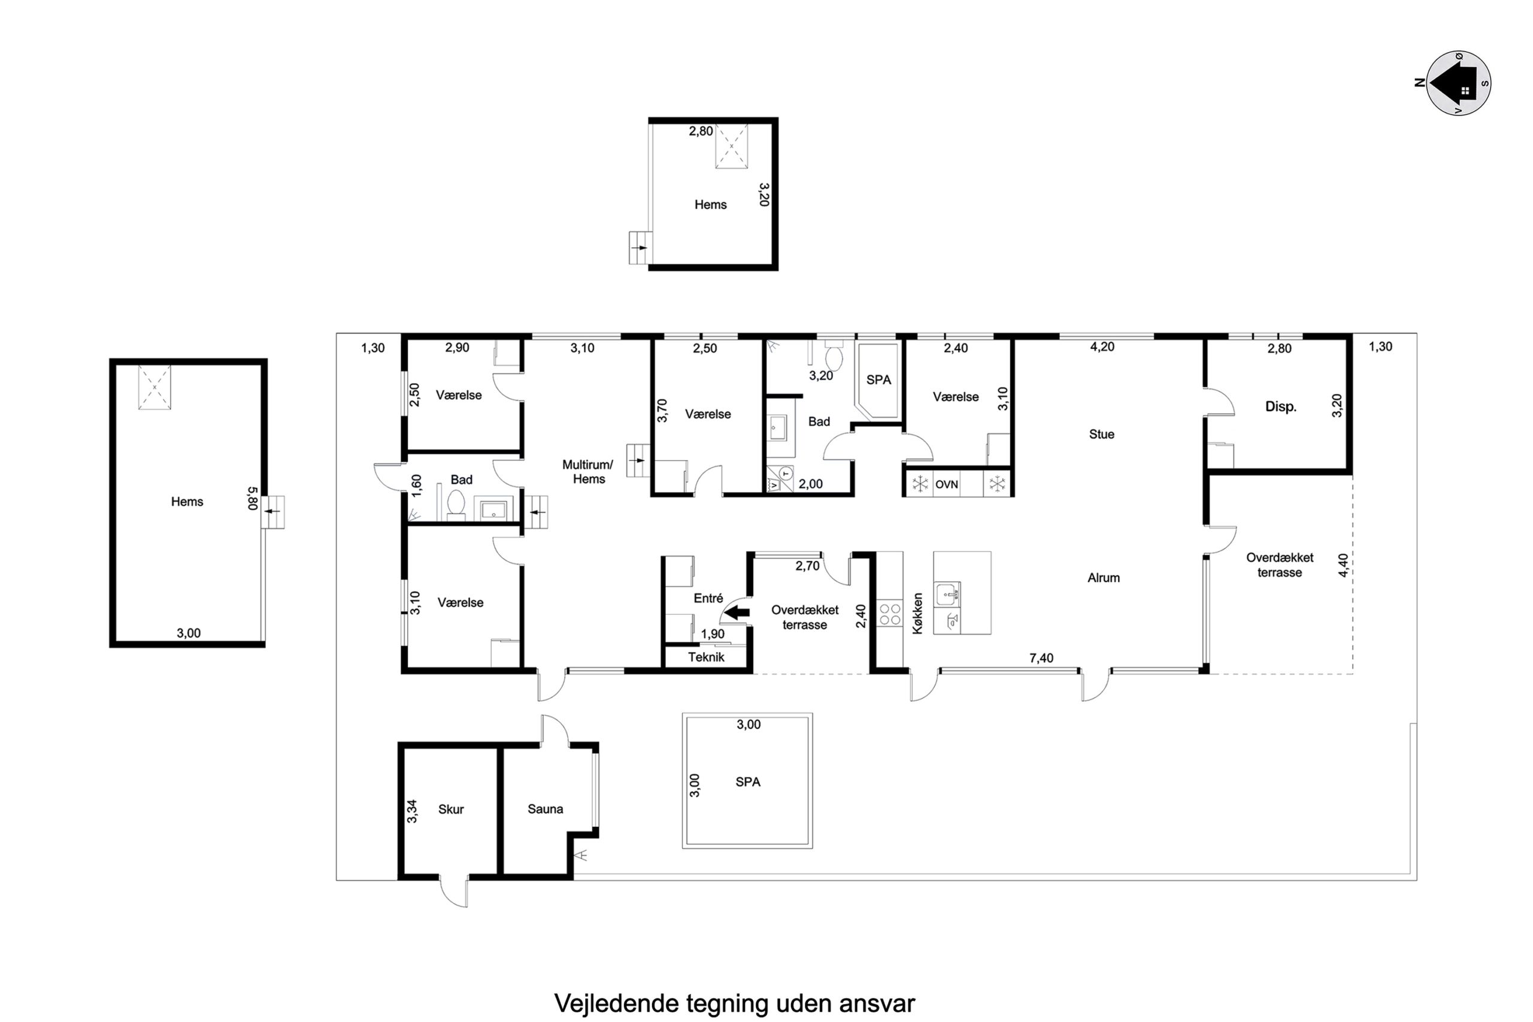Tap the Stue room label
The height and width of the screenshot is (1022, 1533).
tap(1101, 434)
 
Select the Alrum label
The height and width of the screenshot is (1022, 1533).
tap(1104, 578)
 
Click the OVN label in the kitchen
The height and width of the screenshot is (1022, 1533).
tap(946, 484)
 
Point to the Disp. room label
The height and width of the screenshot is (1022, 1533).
tap(1281, 407)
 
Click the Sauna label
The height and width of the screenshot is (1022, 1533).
tap(545, 809)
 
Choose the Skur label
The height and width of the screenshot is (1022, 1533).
tap(451, 809)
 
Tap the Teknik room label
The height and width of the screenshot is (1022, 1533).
tap(706, 657)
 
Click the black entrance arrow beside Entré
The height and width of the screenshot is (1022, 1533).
tap(737, 612)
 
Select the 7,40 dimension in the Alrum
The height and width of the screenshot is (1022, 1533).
tap(1041, 659)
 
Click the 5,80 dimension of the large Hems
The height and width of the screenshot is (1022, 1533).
tap(253, 499)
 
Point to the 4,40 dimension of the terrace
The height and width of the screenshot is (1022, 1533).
tap(1343, 565)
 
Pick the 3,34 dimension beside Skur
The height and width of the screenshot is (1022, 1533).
tap(412, 811)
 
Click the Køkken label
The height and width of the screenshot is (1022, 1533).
tap(918, 613)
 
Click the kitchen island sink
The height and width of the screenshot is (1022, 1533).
tap(947, 595)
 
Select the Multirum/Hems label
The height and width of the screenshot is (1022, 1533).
tap(588, 472)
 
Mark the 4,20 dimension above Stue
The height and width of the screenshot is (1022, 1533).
tap(1102, 347)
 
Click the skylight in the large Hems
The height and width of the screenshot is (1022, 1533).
tap(154, 387)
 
